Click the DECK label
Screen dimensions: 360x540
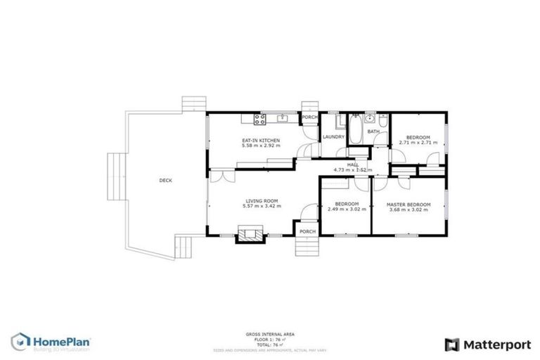(165, 181)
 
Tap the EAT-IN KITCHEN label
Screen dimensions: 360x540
(261, 141)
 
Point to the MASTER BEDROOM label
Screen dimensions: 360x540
(409, 205)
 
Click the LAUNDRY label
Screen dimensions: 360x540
(333, 136)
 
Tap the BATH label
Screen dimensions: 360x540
(373, 131)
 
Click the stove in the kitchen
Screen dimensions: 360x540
(259, 117)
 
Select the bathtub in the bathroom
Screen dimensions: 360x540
(356, 129)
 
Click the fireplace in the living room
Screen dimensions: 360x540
(247, 233)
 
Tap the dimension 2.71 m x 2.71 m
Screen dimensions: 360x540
(418, 143)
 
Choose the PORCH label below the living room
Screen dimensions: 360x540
(307, 231)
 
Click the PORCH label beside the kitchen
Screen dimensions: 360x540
(310, 117)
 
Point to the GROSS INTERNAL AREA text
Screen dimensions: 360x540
(269, 334)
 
